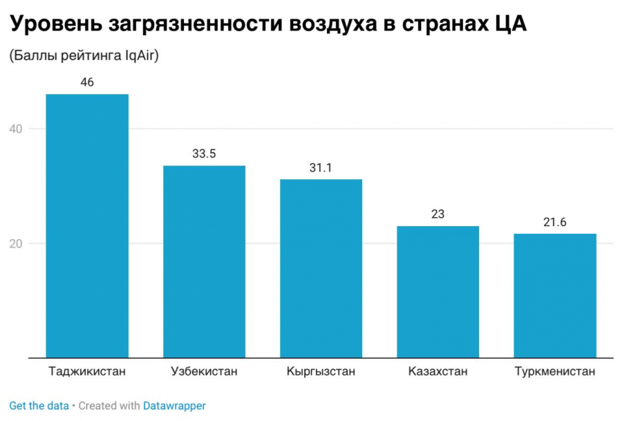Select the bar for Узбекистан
(204, 261)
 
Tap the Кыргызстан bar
(321, 268)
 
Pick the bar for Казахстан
(437, 292)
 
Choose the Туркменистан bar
(554, 295)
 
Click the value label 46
(87, 82)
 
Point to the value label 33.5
(204, 153)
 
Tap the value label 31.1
(321, 167)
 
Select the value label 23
(437, 214)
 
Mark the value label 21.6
(554, 222)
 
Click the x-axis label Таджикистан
(87, 371)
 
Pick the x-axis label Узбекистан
(204, 371)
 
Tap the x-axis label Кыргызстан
(321, 371)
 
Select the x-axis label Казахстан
(437, 371)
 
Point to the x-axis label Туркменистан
(554, 371)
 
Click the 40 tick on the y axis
(17, 129)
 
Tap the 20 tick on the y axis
(17, 243)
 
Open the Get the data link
(39, 406)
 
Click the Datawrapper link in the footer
(174, 406)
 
